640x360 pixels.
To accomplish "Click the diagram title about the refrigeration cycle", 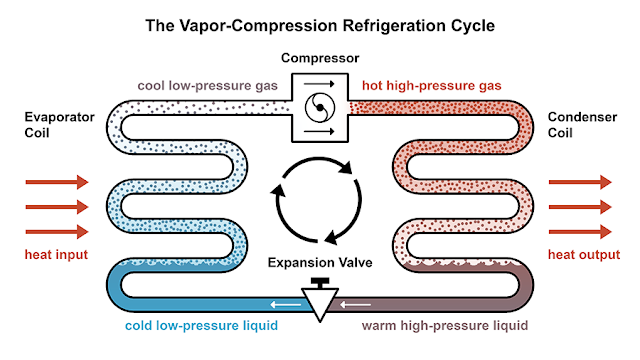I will point(320,23).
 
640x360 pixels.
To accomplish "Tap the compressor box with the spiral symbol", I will point(320,105).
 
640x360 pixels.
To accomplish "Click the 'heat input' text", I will point(56,255).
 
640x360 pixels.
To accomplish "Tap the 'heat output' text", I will point(581,255).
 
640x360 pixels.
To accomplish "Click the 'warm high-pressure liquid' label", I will point(442,327).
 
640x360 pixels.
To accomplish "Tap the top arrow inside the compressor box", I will point(320,84).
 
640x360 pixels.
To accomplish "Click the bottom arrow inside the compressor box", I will point(320,129).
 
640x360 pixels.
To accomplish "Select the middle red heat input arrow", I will point(57,207).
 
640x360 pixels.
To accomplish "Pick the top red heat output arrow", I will point(581,182).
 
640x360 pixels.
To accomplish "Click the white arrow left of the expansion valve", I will point(289,303).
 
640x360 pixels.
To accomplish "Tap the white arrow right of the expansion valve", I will point(351,303).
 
